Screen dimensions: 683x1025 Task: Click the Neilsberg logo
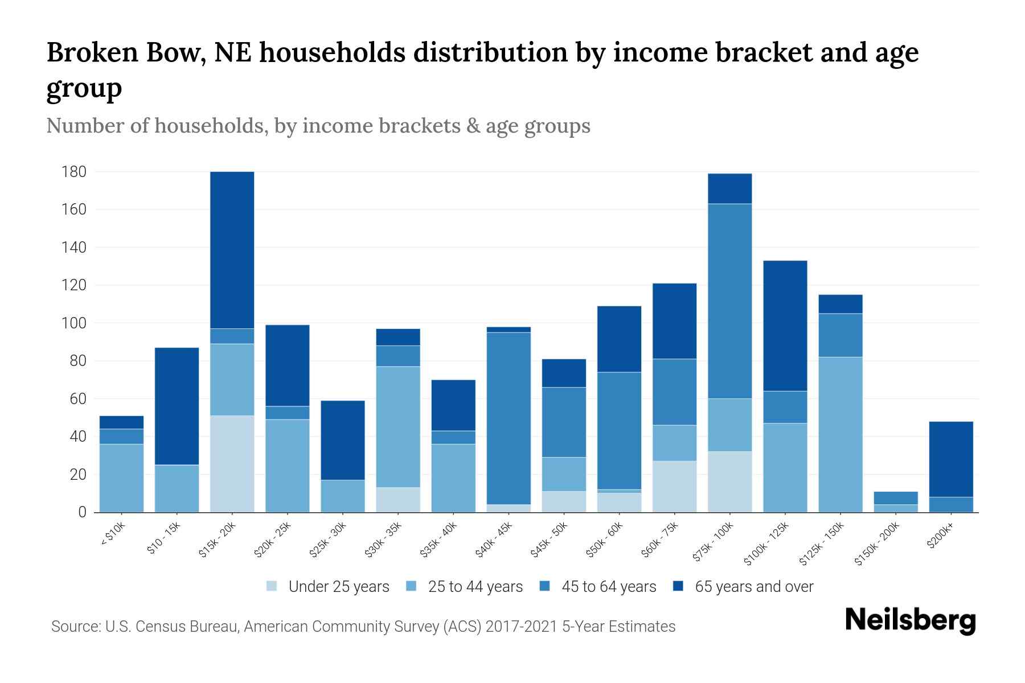click(x=910, y=620)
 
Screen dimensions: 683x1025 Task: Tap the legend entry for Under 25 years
click(x=328, y=587)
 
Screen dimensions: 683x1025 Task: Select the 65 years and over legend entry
click(x=743, y=587)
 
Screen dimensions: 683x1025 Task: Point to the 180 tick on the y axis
click(x=74, y=172)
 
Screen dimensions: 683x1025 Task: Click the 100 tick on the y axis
click(x=74, y=323)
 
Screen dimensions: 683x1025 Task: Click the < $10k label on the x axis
click(x=113, y=535)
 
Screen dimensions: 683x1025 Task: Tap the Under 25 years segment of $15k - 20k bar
click(x=232, y=464)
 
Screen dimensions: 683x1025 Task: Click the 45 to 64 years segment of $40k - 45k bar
click(x=509, y=418)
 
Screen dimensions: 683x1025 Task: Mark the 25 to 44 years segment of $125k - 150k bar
click(x=840, y=434)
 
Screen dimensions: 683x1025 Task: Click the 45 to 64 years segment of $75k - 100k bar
click(x=730, y=301)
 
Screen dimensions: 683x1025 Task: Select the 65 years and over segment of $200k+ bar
click(x=951, y=459)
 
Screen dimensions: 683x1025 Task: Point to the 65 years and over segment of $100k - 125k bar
click(x=785, y=326)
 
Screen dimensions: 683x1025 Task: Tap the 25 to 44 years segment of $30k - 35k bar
click(x=398, y=427)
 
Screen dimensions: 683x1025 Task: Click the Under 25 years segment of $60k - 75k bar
click(x=675, y=487)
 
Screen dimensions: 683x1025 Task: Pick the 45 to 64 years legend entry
click(x=598, y=587)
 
